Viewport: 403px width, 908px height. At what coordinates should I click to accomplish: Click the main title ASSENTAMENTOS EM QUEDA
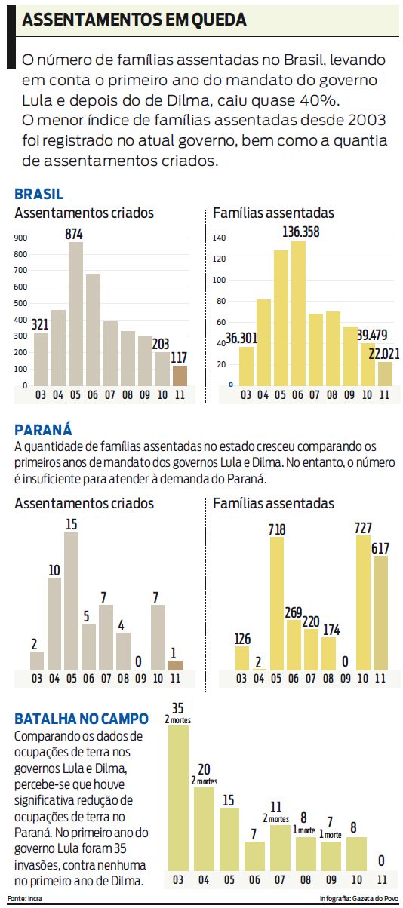[x=134, y=20]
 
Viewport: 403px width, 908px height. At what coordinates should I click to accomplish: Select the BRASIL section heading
[x=38, y=195]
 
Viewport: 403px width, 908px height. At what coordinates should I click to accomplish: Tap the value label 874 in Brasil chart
[x=73, y=235]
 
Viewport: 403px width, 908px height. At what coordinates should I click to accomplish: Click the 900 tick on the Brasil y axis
[x=21, y=238]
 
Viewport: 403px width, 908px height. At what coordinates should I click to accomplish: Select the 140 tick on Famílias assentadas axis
[x=220, y=238]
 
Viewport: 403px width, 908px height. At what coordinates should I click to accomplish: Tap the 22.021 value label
[x=381, y=354]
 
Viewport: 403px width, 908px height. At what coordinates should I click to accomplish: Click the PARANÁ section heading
[x=43, y=430]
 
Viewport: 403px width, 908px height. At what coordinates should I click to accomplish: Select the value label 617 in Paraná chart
[x=380, y=548]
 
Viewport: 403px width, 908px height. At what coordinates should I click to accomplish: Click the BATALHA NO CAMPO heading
[x=82, y=719]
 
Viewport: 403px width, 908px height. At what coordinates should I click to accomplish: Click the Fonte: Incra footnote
[x=24, y=899]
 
